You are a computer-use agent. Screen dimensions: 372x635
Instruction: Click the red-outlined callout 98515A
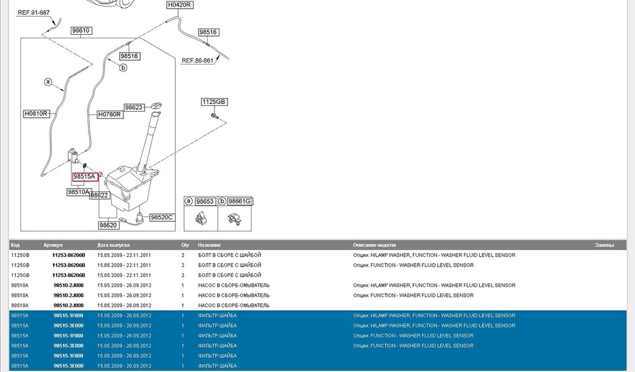[84, 177]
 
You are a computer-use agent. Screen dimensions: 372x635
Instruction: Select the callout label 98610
[81, 30]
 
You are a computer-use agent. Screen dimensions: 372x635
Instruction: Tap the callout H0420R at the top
[180, 5]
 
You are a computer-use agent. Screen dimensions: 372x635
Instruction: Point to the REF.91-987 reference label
[33, 12]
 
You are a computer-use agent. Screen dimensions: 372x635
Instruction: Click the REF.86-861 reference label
[198, 61]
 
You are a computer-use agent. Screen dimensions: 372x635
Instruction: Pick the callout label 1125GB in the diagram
[214, 102]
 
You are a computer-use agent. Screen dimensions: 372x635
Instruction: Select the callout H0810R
[36, 114]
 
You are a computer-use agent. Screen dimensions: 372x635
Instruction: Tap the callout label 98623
[134, 107]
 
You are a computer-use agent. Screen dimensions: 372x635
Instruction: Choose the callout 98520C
[162, 217]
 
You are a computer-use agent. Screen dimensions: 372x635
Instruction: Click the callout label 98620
[109, 225]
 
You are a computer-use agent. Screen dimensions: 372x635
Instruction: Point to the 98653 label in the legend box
[205, 201]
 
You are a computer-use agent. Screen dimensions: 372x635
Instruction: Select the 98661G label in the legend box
[239, 201]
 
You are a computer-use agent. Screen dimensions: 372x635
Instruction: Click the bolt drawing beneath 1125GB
[215, 116]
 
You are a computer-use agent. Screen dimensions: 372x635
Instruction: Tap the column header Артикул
[53, 246]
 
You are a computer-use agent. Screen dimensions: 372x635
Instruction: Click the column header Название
[209, 246]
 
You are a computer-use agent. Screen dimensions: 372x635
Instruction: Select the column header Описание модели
[374, 246]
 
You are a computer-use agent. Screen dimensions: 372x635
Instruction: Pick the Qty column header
[185, 246]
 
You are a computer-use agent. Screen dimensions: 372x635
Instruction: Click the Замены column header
[604, 246]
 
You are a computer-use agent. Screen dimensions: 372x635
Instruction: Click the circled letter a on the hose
[48, 81]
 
